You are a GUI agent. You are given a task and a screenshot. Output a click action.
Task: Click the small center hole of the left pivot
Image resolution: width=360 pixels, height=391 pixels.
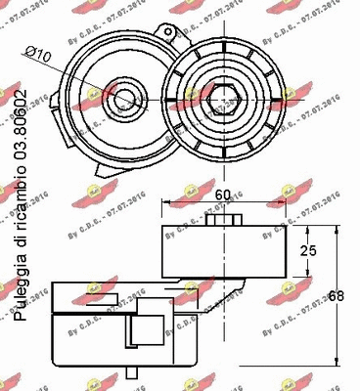(x=122, y=98)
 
